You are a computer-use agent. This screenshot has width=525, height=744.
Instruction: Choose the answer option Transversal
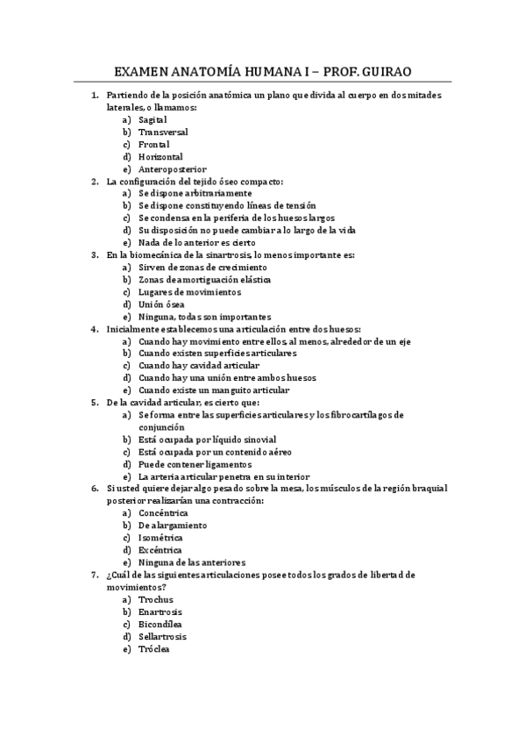(163, 132)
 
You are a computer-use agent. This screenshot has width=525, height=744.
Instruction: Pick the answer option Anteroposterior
(172, 168)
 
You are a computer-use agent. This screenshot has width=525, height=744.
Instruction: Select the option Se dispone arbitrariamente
(195, 193)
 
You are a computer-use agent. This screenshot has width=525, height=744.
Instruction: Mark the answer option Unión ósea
(161, 304)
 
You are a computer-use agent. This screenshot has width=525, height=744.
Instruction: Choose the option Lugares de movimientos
(189, 292)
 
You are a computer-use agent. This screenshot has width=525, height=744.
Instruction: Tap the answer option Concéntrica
(163, 512)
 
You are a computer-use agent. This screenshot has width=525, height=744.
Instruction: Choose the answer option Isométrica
(160, 537)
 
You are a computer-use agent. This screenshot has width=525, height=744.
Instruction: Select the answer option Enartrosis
(160, 612)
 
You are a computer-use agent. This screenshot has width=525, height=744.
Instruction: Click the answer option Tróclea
(154, 648)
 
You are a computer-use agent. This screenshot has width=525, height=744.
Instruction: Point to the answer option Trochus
(156, 599)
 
